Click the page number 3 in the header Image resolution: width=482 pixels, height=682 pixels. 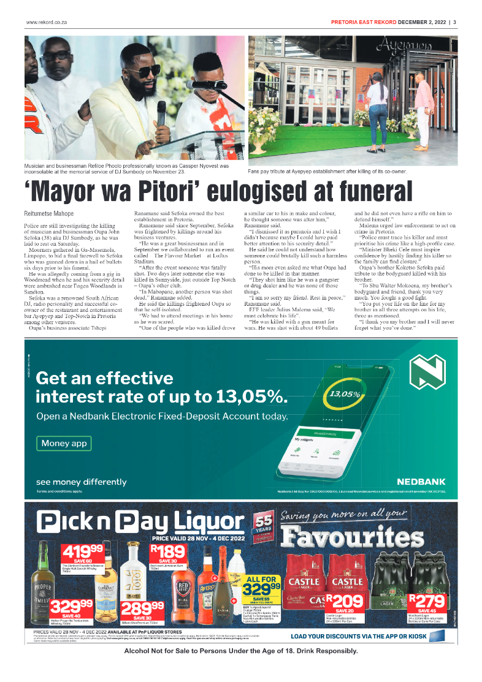click(x=454, y=23)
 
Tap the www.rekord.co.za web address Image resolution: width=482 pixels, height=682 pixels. click(x=45, y=23)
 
